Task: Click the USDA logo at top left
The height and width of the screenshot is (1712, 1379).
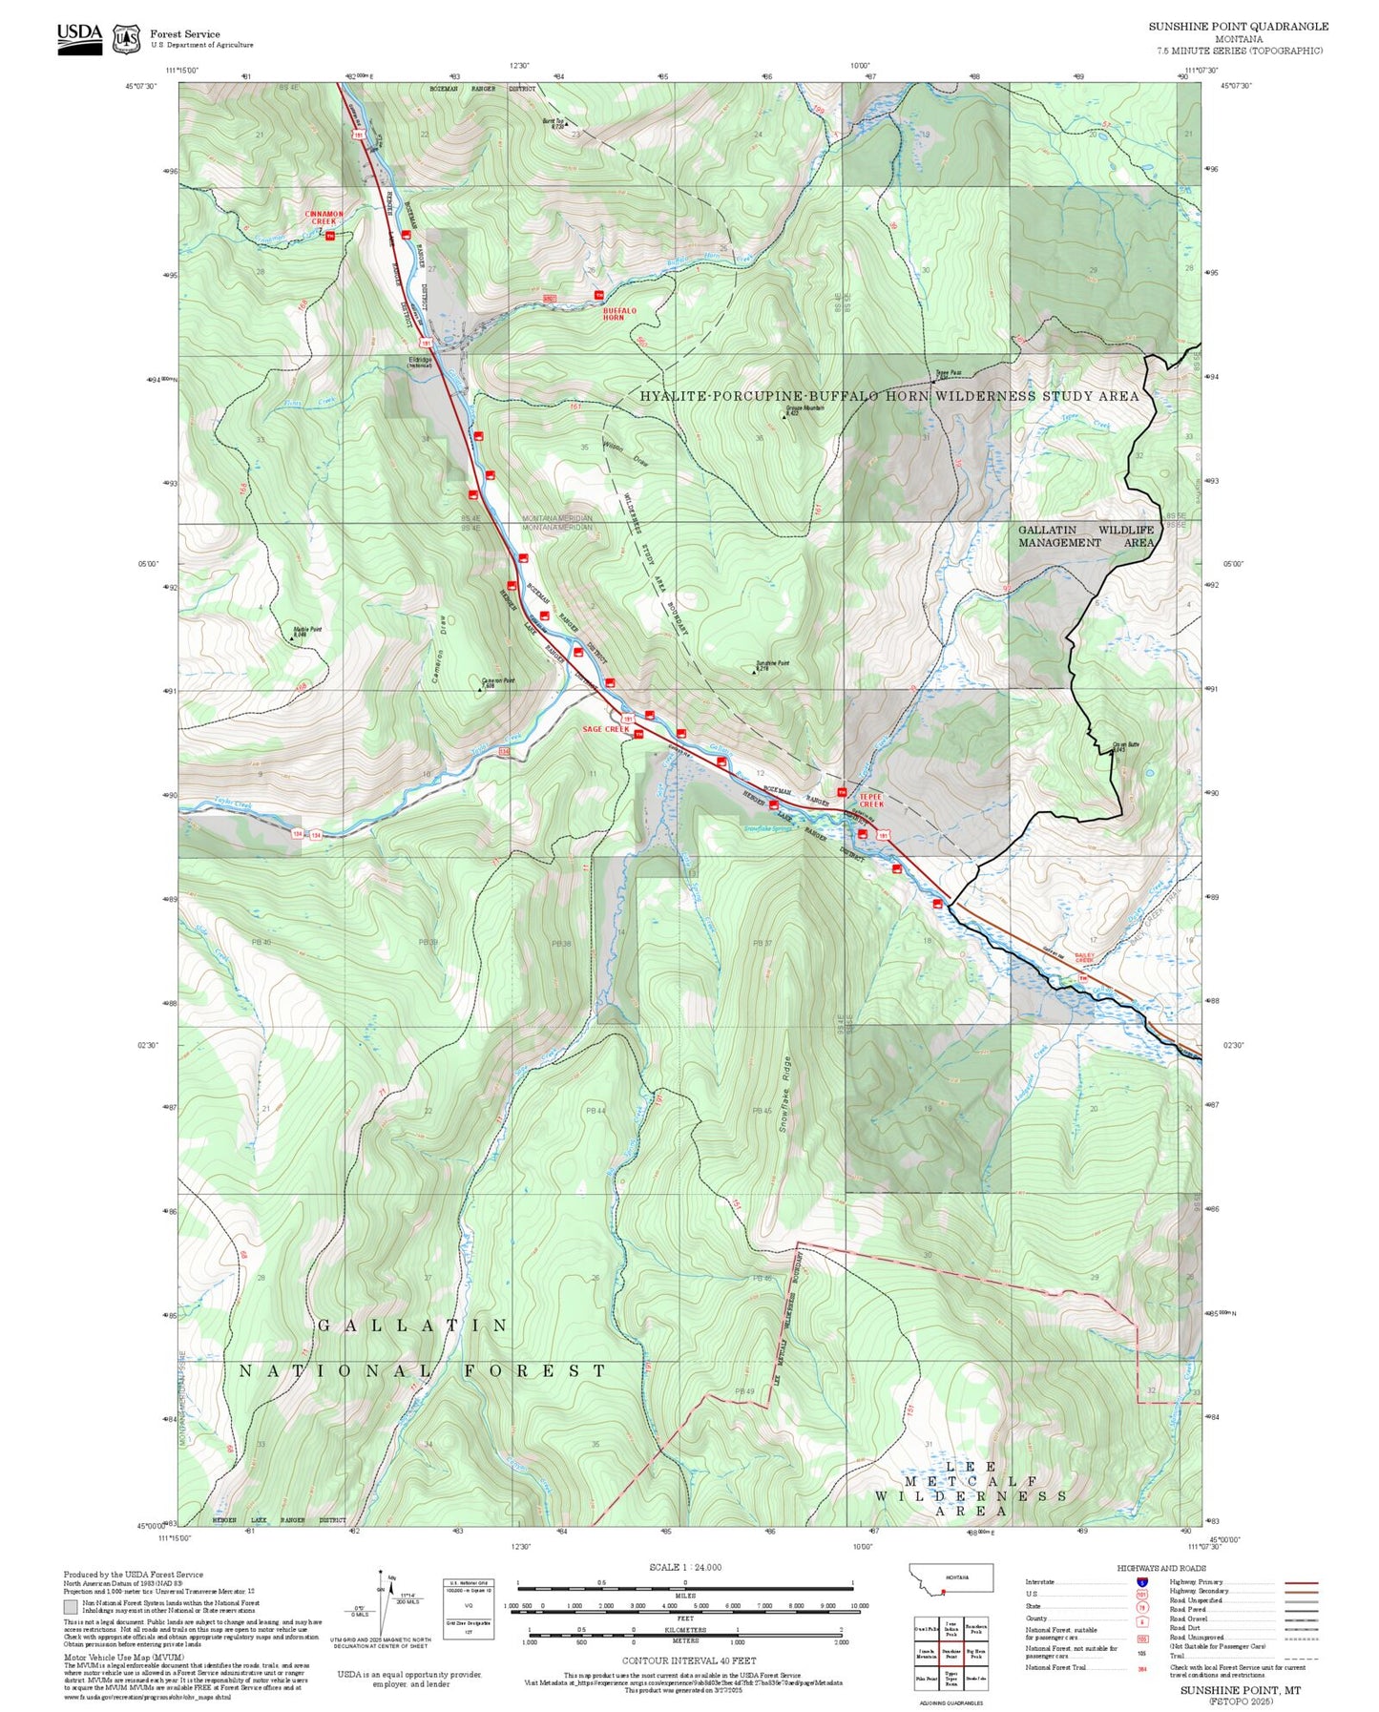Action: pos(79,38)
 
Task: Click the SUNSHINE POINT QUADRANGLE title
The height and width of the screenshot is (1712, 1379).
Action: pos(1238,27)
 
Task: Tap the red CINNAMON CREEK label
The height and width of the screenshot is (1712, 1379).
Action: pos(324,218)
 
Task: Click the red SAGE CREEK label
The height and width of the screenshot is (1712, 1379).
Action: pos(606,729)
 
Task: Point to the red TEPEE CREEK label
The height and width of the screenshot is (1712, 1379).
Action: pos(870,800)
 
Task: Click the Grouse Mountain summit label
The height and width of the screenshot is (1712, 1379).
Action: pos(804,408)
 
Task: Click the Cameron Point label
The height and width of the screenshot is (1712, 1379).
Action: pos(497,681)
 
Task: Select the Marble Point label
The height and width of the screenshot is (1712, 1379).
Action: pos(306,630)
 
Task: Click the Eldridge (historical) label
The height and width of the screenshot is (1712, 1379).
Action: pos(420,362)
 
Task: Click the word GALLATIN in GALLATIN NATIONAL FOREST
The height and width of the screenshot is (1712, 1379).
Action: pos(412,1326)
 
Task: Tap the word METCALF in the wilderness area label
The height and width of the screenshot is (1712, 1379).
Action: pos(972,1481)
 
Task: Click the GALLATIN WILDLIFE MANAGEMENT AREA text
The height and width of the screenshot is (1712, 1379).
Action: pos(1085,535)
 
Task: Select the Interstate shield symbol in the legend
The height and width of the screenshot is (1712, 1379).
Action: pos(1141,1582)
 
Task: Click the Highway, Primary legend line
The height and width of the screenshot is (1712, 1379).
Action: pos(1301,1582)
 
